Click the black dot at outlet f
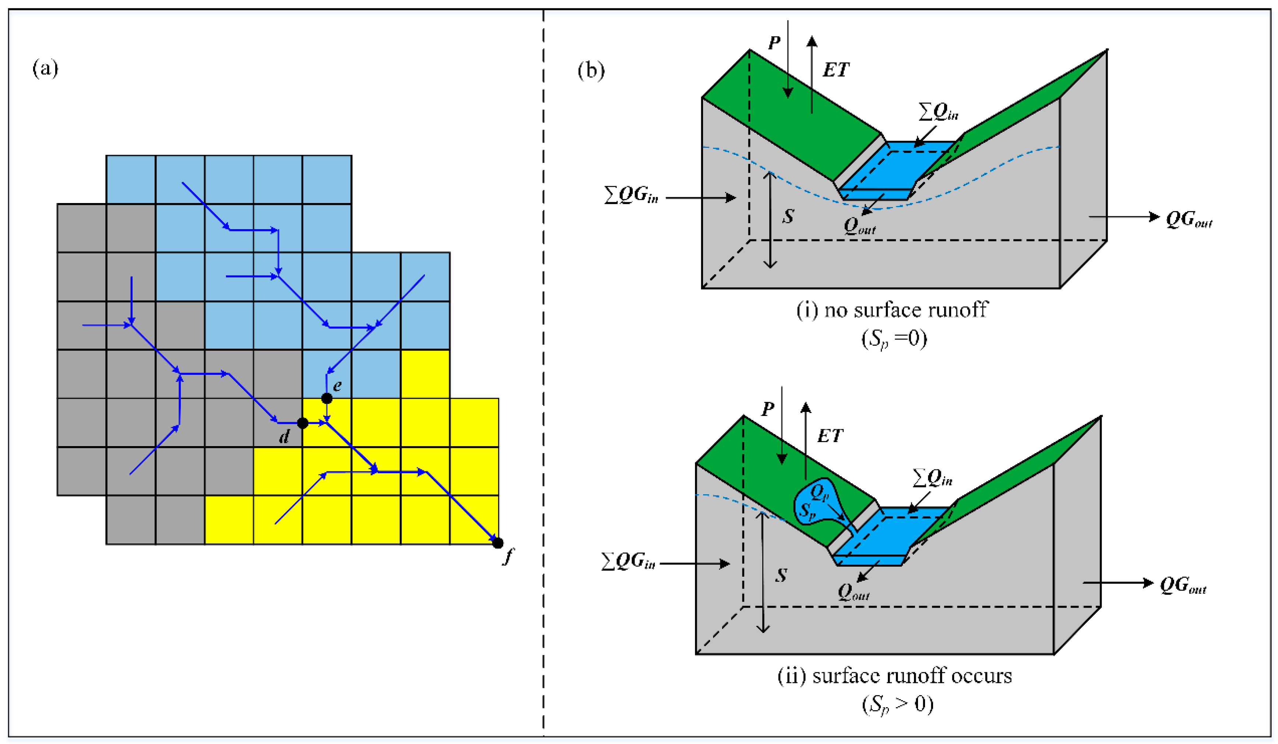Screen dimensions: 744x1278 point(498,543)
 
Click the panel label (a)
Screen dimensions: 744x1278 point(45,68)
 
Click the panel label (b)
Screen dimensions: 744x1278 point(591,70)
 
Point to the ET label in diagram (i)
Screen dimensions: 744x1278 point(835,70)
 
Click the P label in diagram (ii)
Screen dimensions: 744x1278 point(768,409)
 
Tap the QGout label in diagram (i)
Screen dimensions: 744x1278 point(1188,220)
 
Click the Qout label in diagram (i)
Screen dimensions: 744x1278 point(859,225)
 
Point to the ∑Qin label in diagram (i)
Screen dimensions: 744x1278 point(938,111)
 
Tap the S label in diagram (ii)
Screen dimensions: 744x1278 point(781,575)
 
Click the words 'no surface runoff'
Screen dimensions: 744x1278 point(906,310)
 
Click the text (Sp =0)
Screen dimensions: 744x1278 point(894,338)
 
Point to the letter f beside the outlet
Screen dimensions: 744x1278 point(508,556)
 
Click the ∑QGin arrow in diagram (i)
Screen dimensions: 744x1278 point(700,197)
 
